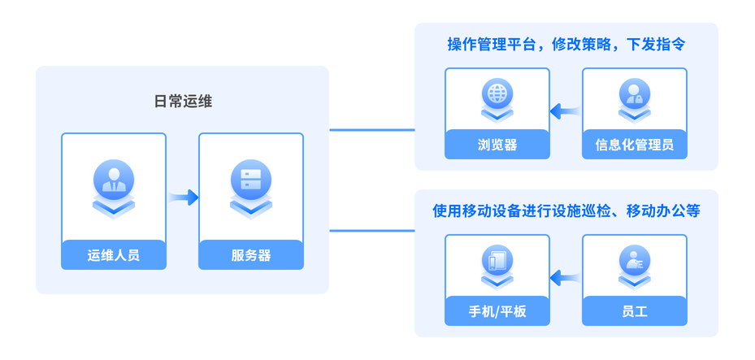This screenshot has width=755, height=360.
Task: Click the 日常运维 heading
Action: point(183,102)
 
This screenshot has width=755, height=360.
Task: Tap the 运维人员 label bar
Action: point(114,255)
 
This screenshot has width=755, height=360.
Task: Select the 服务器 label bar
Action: point(251,255)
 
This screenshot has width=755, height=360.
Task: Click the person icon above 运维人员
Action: point(113,181)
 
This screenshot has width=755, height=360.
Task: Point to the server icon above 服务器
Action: point(250,181)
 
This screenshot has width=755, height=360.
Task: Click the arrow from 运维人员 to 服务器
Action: point(184,197)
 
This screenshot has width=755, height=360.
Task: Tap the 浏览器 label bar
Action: point(497,145)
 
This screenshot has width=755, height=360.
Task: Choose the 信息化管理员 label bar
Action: point(635,145)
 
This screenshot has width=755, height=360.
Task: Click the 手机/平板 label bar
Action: point(497,311)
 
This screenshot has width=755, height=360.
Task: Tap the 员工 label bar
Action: point(635,311)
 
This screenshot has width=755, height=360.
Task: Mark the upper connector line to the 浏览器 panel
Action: point(371,129)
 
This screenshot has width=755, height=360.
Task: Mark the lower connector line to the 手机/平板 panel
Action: point(371,231)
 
